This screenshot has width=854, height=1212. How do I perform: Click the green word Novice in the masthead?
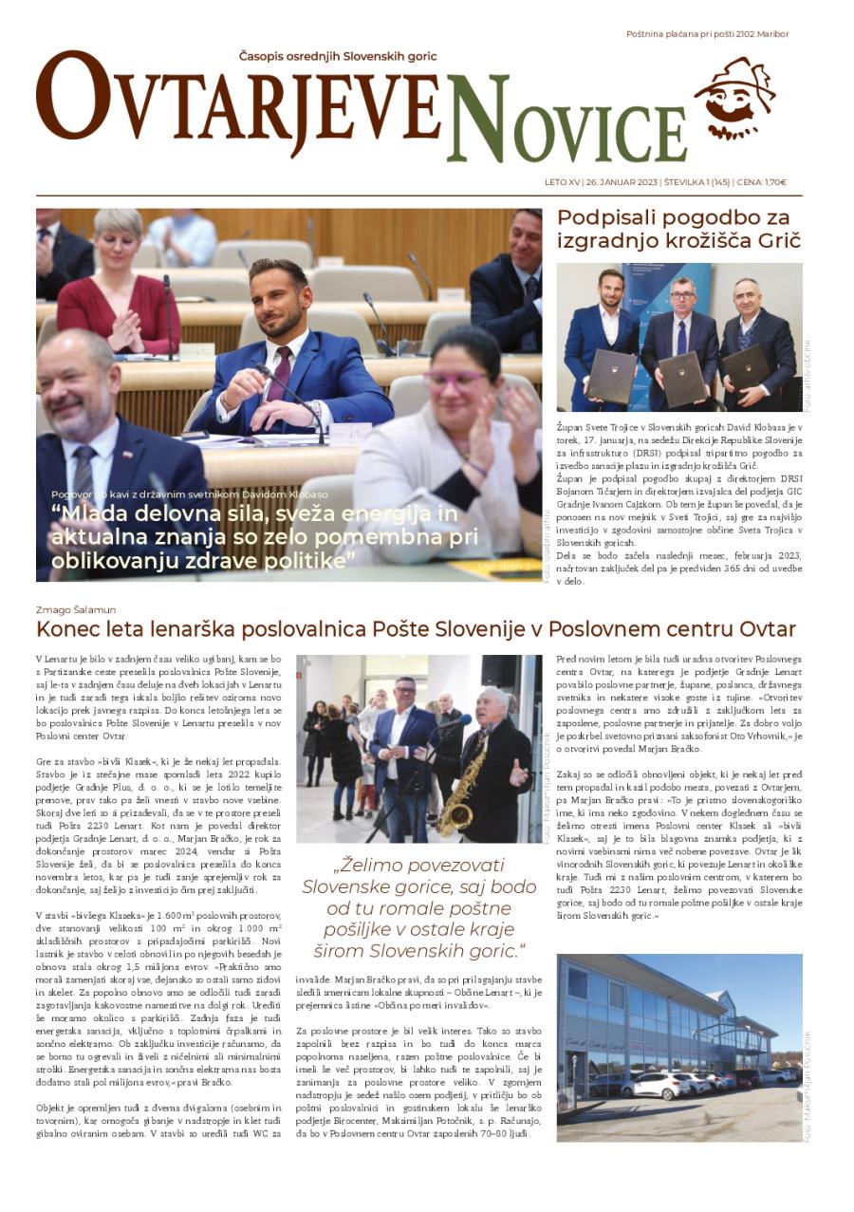click(566, 121)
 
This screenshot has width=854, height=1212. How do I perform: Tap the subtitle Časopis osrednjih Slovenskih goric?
click(338, 56)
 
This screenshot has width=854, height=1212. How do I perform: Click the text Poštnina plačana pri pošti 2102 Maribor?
click(707, 34)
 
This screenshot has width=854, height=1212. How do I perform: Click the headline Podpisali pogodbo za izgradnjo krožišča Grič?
click(678, 228)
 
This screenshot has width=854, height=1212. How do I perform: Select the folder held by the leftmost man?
click(611, 376)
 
